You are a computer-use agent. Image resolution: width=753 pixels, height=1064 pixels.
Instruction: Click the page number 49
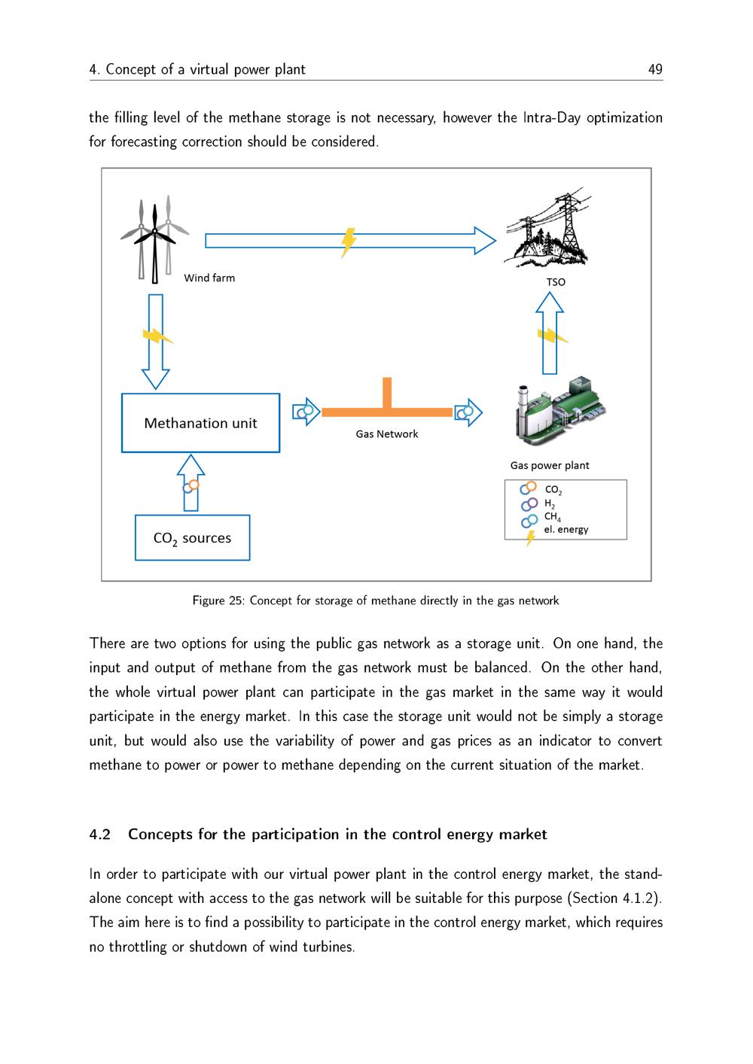(655, 69)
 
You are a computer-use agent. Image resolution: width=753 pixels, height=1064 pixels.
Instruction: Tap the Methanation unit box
(200, 423)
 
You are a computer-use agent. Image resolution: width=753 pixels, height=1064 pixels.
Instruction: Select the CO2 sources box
(192, 538)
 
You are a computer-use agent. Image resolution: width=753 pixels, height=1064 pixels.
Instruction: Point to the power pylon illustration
(547, 230)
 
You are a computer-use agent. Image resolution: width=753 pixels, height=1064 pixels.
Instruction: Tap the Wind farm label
(209, 278)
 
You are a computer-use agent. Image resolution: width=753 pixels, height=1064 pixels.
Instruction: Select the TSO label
(556, 282)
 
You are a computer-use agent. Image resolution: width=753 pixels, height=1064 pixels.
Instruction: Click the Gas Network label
(386, 434)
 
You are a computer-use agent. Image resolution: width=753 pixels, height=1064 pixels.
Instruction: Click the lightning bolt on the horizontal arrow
(348, 242)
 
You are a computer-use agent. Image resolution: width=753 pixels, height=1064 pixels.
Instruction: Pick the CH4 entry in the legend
(552, 517)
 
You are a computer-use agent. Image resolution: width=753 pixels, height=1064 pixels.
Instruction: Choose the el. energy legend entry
(566, 530)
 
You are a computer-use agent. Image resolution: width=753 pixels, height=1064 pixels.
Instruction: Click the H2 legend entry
(549, 504)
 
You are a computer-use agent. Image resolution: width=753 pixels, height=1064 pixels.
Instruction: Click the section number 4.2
(100, 834)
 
